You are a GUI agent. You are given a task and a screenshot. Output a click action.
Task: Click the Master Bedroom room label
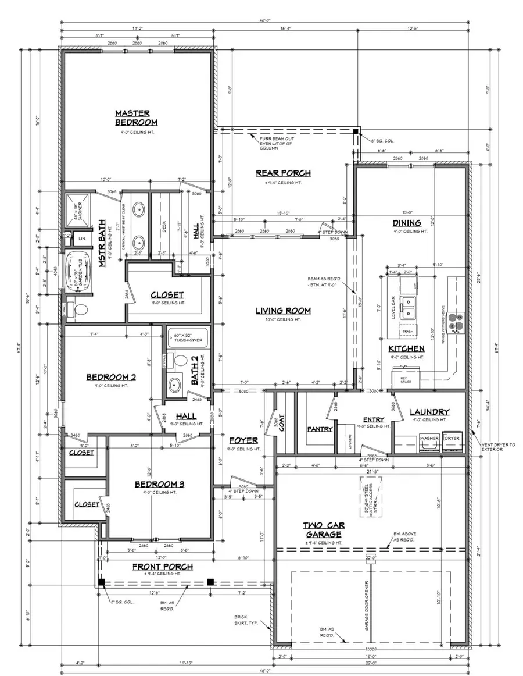click(x=136, y=118)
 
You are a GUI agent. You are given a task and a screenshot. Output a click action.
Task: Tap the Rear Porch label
click(x=283, y=173)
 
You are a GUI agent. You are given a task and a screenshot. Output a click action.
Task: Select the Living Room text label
click(x=283, y=311)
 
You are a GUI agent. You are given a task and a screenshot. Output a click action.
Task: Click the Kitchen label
click(x=406, y=348)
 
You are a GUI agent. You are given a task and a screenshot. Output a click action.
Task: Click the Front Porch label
click(x=162, y=567)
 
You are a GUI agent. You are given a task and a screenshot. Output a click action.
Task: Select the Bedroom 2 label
click(x=111, y=377)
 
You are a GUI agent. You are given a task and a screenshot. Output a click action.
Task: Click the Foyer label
click(x=243, y=440)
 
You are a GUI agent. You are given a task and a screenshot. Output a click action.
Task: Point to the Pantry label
click(x=320, y=429)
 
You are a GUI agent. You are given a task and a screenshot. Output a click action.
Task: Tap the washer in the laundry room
click(x=429, y=442)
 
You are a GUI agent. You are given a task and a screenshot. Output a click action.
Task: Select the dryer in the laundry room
click(x=452, y=442)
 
